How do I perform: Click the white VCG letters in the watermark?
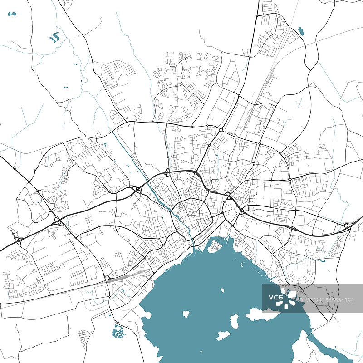click(275, 298)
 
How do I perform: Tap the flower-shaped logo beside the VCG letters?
click(289, 298)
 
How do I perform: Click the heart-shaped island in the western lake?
click(186, 314)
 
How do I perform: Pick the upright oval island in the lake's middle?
click(235, 322)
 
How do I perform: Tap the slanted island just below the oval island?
click(223, 336)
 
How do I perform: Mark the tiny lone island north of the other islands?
click(222, 290)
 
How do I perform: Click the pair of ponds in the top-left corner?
click(12, 14)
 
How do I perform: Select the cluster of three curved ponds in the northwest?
click(54, 37)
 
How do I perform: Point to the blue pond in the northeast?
click(301, 31)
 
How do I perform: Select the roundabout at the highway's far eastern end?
click(347, 226)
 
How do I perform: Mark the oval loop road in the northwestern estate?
click(122, 80)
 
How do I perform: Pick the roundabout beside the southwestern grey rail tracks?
click(107, 278)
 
